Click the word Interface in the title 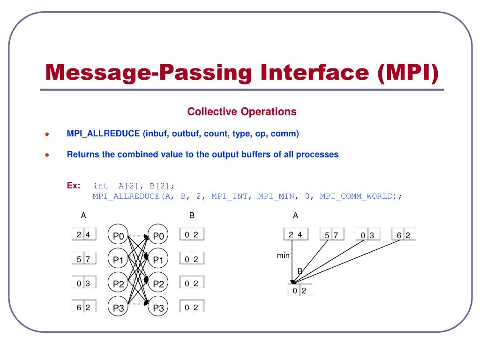click(x=315, y=73)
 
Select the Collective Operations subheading click(x=242, y=112)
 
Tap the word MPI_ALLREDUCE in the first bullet click(x=103, y=134)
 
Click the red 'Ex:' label click(x=74, y=185)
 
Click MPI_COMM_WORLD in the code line click(x=358, y=196)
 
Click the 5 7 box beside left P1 click(x=84, y=258)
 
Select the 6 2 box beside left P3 click(x=84, y=306)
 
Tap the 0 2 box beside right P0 click(x=192, y=234)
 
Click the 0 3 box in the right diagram click(x=368, y=234)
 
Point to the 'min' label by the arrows click(x=283, y=255)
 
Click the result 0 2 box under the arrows click(x=300, y=290)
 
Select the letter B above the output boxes click(x=192, y=216)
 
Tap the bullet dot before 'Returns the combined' click(x=47, y=155)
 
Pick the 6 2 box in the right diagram click(x=404, y=234)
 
